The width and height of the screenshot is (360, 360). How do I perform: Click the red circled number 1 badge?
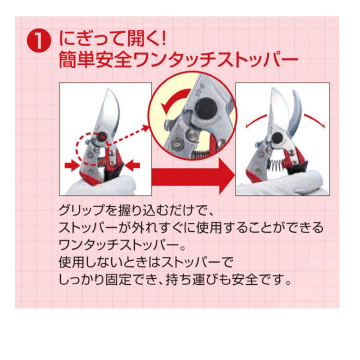[x=39, y=42]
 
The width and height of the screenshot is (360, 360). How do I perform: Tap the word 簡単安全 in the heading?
[x=95, y=60]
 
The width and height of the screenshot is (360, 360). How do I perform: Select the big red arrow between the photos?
[x=193, y=176]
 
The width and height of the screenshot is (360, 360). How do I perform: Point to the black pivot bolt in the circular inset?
[x=206, y=109]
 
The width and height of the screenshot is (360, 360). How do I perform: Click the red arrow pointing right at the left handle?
[x=72, y=166]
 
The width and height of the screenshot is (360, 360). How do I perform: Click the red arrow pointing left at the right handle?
[x=133, y=166]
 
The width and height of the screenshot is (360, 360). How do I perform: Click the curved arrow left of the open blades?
[x=255, y=120]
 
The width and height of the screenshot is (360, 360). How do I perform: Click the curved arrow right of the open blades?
[x=315, y=119]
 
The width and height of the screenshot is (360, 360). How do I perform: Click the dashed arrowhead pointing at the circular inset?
[x=146, y=128]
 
